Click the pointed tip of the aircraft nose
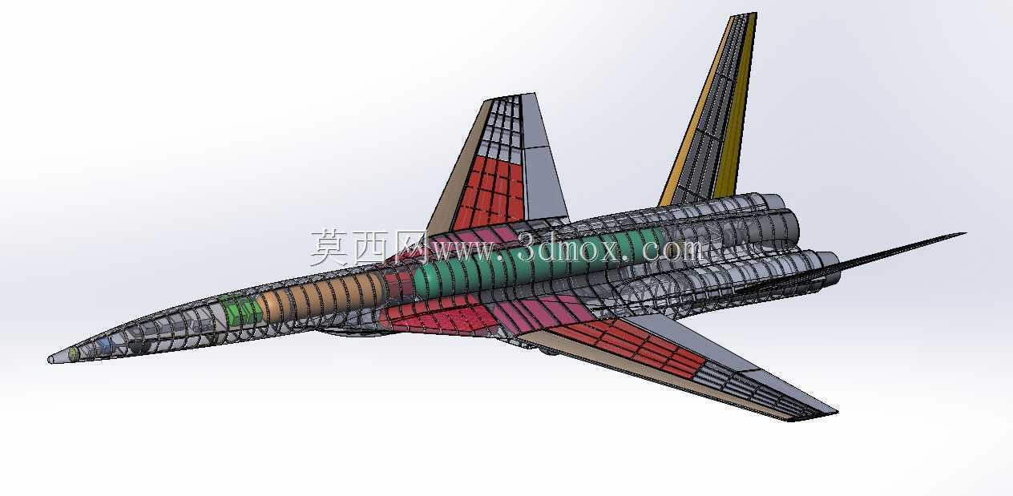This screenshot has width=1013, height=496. point(49,360)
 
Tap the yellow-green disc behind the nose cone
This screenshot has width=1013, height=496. point(73,353)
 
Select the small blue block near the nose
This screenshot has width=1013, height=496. point(105,346)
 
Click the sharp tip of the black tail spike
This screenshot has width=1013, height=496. point(965,234)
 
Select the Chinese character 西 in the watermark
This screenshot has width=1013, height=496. point(371,247)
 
